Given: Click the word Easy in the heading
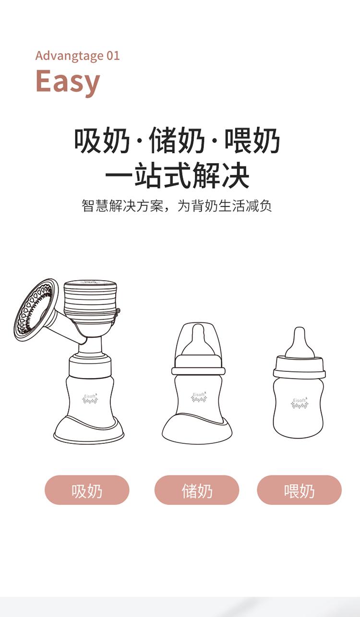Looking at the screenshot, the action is pos(68,82).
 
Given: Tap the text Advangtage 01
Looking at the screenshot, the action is pos(77,56).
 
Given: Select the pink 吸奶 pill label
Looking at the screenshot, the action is pos(87,490).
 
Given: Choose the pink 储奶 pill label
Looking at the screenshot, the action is pos(197,490).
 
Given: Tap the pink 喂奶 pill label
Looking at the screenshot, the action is pos(300,490).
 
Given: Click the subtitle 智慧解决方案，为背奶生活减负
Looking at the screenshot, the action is pos(177,206).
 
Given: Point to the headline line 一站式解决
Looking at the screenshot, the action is pos(177,175).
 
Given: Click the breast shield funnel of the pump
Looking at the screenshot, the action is pos(36,310).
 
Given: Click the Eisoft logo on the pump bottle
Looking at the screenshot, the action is pos(90,399).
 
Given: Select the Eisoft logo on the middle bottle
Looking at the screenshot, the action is pos(199,397).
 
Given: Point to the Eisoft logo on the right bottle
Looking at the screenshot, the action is pos(300,403).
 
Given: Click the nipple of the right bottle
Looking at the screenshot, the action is pos(300,343).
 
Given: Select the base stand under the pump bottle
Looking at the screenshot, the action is pos(88,430).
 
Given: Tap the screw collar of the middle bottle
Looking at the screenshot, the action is pos(198,365).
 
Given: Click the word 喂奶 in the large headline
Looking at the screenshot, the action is pos(252,141).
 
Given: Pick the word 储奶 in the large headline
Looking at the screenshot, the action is pos(177,141).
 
